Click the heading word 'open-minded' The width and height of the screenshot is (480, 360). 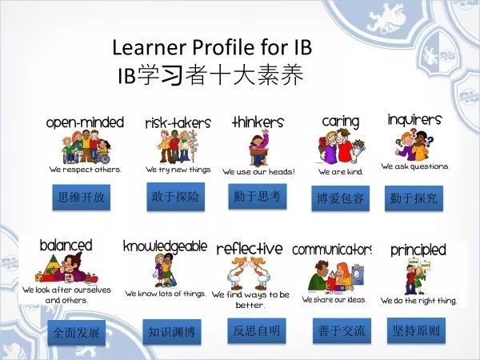coord(85,122)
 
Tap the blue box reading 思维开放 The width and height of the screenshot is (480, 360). coord(81,197)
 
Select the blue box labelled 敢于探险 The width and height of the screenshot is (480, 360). coord(175,197)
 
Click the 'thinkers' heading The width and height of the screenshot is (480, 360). coord(258,122)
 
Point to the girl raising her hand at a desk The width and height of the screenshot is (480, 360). coord(259,148)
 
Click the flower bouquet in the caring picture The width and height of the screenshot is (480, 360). coord(358,150)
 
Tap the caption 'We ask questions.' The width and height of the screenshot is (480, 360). coord(414,166)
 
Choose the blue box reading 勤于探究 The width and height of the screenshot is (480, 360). coord(414,198)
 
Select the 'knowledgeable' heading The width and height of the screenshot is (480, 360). coord(165,246)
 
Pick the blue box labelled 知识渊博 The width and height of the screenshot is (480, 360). coord(172,332)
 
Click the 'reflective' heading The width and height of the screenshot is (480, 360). coord(250,249)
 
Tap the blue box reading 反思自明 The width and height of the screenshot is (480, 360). coord(257,330)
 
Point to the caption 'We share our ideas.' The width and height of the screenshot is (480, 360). coord(334,299)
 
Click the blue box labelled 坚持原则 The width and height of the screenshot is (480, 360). coord(416,330)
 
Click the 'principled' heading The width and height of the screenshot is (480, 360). coord(418,250)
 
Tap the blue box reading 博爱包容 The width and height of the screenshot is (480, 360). coord(341,198)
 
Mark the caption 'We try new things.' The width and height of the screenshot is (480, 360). coord(178,170)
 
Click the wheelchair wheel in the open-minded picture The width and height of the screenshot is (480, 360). coord(105,158)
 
